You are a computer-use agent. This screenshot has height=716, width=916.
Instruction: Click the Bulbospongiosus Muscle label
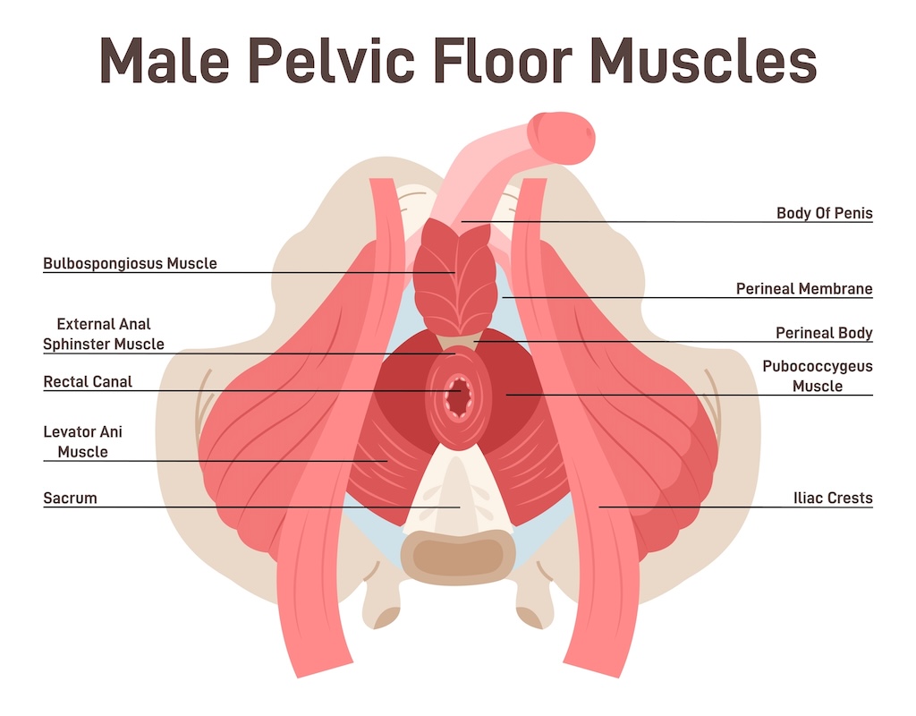point(130,263)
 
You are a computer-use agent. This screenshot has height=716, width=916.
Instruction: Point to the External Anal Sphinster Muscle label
point(104,334)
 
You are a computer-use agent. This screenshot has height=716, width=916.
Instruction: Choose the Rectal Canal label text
point(88,381)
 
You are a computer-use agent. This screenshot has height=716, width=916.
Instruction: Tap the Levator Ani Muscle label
point(83,441)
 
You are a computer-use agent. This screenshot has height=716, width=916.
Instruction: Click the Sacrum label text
point(70,498)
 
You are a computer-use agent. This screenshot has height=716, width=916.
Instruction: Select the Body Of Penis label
point(824,213)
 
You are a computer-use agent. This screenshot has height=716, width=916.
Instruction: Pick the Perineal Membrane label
point(804,288)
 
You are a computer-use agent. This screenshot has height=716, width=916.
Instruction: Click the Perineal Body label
point(824,333)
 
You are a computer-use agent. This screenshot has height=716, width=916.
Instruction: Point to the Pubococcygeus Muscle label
point(818,376)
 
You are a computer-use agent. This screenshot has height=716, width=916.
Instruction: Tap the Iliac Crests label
point(832,498)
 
